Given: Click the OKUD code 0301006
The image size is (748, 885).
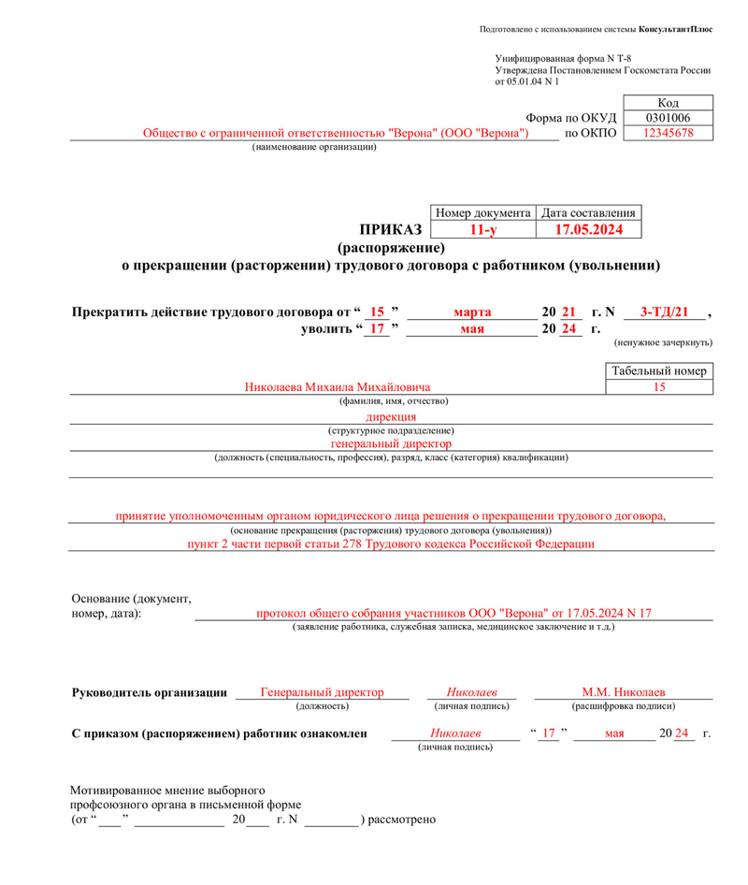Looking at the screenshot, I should [669, 118].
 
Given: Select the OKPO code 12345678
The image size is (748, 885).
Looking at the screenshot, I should [669, 134].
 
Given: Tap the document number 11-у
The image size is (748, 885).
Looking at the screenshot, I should [482, 229].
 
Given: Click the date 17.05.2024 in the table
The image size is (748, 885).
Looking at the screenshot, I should [588, 229].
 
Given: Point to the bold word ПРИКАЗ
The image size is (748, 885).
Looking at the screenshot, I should [391, 229].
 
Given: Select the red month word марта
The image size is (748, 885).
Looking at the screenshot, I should [473, 311].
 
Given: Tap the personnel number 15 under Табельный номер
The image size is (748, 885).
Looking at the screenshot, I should [659, 386].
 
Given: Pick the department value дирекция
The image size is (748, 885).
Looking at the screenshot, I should [392, 416].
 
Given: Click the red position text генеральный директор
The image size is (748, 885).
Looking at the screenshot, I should [392, 443].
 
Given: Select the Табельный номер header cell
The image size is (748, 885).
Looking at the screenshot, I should [659, 370].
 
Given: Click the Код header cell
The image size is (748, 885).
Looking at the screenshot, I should [669, 102].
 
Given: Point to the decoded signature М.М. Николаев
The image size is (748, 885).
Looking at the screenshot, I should [623, 692].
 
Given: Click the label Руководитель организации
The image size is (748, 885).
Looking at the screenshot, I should [150, 693].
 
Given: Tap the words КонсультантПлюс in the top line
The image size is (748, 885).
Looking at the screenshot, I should [676, 29].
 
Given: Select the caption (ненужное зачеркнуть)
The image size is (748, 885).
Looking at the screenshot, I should [663, 343].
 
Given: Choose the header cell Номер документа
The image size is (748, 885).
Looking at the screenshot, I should [482, 212].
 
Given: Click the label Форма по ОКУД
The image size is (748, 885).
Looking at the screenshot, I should [571, 118].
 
